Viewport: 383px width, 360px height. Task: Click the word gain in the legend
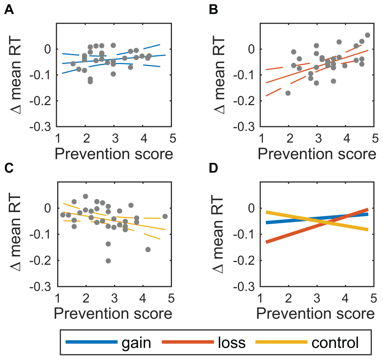(137, 343)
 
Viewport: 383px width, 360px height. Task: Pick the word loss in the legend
(231, 343)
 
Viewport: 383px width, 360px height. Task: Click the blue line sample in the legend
(91, 343)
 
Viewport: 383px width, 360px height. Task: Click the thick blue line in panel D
(282, 220)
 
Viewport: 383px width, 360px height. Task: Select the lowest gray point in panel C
(108, 261)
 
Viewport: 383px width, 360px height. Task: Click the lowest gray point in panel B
(288, 93)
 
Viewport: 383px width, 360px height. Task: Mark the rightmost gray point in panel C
(165, 216)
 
